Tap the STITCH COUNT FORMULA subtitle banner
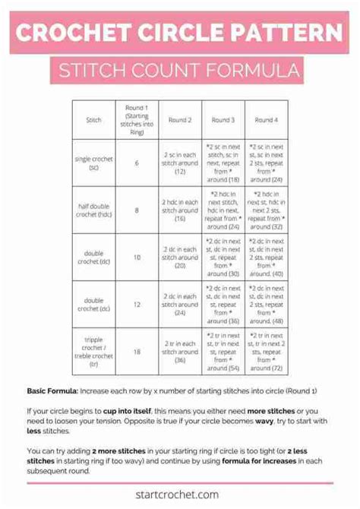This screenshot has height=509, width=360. (x=180, y=73)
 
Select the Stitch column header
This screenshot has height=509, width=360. (x=93, y=120)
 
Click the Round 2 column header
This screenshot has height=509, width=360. (x=180, y=120)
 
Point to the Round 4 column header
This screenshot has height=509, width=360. (x=266, y=120)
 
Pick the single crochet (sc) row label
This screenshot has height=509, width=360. (x=93, y=163)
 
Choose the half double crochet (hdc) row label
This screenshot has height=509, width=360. (x=93, y=210)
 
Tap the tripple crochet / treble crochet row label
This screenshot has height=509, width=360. (x=93, y=352)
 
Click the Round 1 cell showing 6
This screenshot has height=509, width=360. (x=137, y=163)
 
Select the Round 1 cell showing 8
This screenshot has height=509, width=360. (x=137, y=210)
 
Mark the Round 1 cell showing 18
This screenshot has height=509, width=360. (x=137, y=352)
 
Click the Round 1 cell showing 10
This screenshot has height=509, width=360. (x=137, y=257)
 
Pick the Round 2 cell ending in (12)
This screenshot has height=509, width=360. (x=180, y=163)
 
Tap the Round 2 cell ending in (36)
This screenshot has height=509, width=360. (x=180, y=352)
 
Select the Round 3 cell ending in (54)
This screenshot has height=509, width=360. (x=223, y=352)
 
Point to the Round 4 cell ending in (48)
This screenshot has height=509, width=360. (x=266, y=304)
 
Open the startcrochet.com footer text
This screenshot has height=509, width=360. (x=180, y=495)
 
